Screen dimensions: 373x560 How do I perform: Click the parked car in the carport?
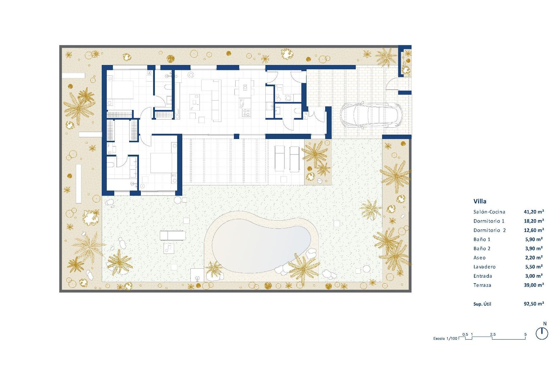pos(371,115)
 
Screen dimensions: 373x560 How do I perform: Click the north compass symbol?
pos(542,333)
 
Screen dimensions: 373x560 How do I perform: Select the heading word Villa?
pos(480,201)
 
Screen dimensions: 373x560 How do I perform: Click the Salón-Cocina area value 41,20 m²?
pos(534,212)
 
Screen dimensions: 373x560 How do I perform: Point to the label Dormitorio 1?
pos(489,221)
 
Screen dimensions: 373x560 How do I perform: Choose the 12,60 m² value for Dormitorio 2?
pos(534,230)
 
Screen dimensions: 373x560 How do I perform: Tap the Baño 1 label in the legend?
pos(482,239)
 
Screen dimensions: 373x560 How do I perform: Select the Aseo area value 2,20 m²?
pos(533,258)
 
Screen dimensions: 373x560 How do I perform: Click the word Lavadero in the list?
pos(484,267)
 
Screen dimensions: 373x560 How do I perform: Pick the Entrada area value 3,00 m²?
pos(533,276)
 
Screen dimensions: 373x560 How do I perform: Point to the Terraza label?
pos(482,285)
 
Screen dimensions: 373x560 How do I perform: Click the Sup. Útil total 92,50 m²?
pos(534,304)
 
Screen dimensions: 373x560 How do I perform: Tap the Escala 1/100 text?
pos(445,338)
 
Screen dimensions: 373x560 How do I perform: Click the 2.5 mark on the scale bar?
pos(493,334)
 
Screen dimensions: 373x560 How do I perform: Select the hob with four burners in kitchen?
pos(246,112)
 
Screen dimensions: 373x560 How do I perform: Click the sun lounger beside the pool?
pos(173,235)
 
